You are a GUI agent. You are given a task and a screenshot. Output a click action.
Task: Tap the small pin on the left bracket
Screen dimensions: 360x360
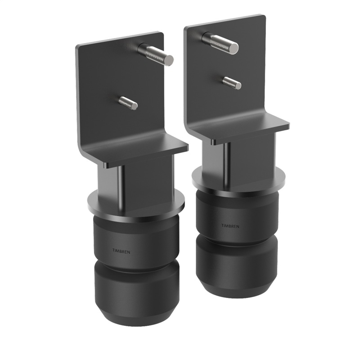(128, 103)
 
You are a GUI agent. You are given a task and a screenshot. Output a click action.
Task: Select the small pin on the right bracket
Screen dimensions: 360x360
(232, 82)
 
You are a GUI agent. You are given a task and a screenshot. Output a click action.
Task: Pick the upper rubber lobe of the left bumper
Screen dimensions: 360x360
(135, 238)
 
